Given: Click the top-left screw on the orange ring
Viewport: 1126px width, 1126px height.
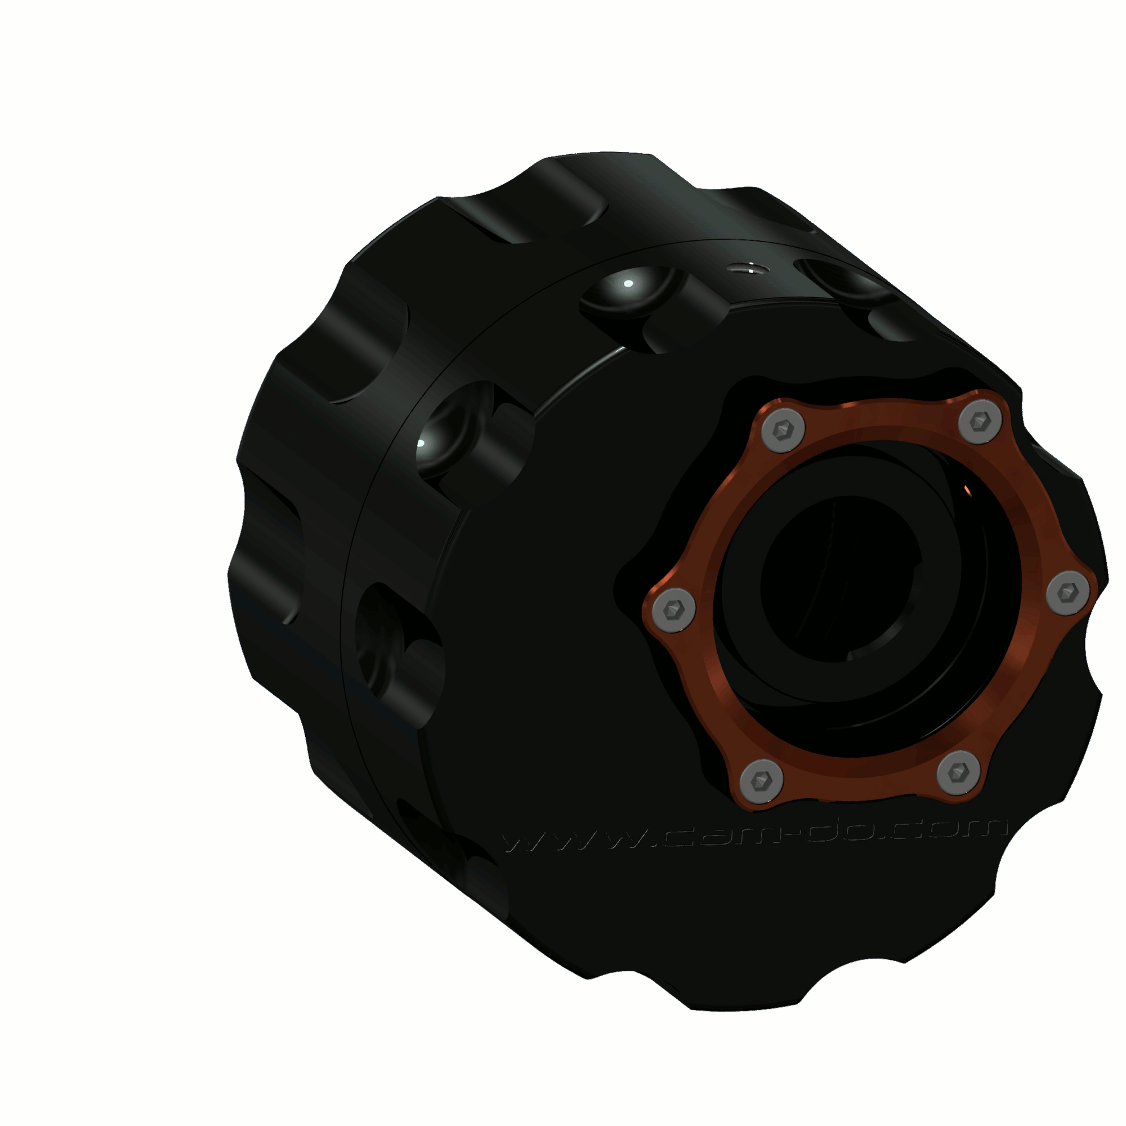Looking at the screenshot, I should [783, 430].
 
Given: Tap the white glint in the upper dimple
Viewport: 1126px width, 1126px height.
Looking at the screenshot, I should [628, 284].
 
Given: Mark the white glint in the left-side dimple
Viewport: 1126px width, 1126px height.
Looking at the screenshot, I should [421, 444].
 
